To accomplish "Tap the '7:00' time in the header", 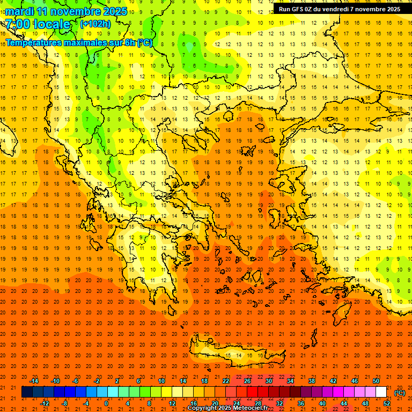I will pos(18,24).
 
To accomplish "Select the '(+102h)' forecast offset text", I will pos(95,24).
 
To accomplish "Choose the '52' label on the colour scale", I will pos(387,403).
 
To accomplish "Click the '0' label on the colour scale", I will pos(106,403).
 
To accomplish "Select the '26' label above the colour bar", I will pos(247,381).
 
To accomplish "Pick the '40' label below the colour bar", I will pos(322,403).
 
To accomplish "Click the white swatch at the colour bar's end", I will pos(381,392).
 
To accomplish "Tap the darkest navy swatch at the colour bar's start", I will pos(27,392).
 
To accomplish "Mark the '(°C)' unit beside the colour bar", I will pos(399,393).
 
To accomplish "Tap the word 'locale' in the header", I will pos(51,24).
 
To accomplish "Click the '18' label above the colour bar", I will pos(204,381).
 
